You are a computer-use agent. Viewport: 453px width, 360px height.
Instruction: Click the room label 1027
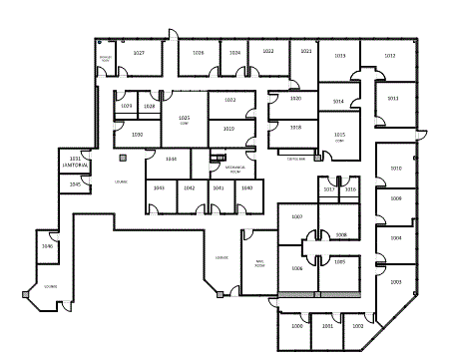[139, 52]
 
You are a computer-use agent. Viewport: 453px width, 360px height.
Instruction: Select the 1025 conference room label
[184, 120]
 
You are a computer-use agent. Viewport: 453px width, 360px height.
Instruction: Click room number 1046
[47, 245]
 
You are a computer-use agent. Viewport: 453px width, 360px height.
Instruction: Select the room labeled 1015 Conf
[339, 136]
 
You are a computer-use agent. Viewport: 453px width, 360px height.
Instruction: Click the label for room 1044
[171, 159]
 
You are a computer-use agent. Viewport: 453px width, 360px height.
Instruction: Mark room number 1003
[395, 282]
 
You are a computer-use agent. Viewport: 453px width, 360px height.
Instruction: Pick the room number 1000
[296, 326]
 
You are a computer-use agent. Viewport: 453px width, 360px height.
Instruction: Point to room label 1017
[329, 188]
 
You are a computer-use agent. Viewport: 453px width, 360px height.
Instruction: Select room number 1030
[137, 134]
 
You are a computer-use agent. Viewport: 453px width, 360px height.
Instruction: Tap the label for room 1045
[75, 183]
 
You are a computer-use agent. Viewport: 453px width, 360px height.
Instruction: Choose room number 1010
[395, 169]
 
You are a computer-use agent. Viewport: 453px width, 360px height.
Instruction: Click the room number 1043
[159, 187]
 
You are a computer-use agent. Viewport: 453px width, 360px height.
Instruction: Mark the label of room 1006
[296, 268]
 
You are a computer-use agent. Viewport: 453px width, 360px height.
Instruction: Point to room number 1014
[338, 102]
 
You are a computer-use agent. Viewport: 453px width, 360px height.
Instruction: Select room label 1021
[306, 51]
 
